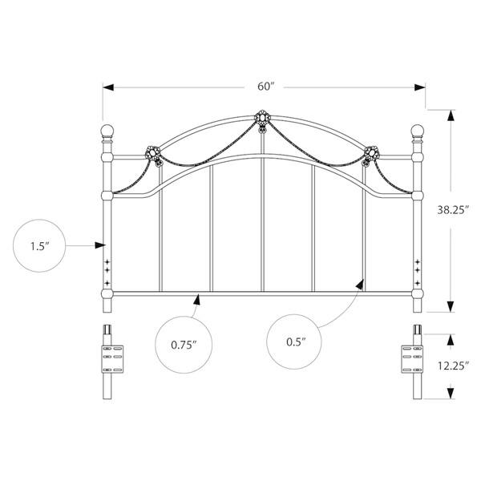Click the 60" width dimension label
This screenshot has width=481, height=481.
coord(265,85)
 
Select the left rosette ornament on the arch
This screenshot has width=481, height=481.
coord(152,152)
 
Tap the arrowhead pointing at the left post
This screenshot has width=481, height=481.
coord(102,244)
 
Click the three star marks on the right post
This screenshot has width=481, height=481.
coord(417,270)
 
